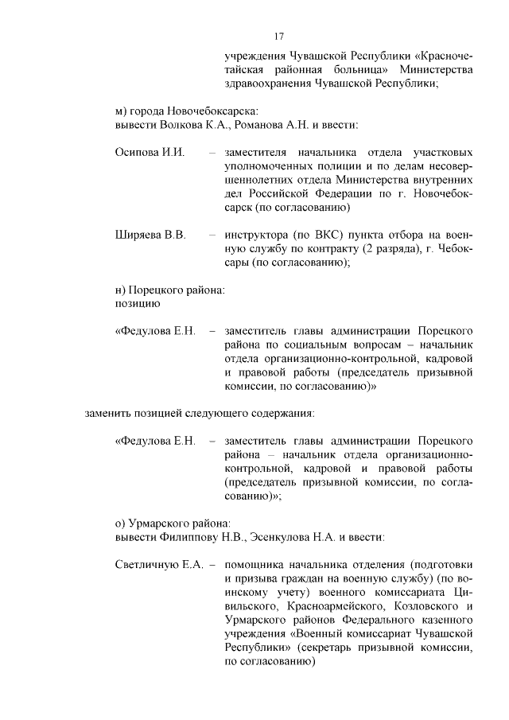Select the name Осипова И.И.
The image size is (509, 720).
150,152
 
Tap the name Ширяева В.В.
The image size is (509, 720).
150,235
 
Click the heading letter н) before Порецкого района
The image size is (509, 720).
121,290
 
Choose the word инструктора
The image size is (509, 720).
259,235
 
